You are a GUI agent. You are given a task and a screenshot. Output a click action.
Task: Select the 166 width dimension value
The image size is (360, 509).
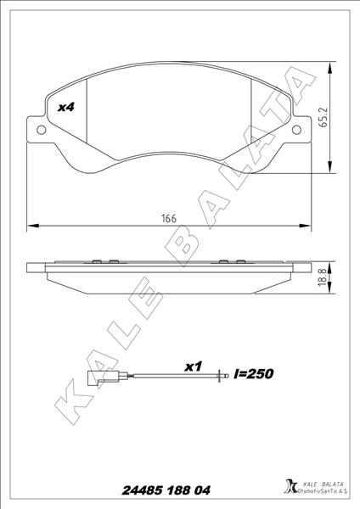point(169,218)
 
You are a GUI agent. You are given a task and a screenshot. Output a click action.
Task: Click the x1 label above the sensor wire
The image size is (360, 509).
point(193,366)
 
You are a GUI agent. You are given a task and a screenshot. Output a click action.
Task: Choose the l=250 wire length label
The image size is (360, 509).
point(253,373)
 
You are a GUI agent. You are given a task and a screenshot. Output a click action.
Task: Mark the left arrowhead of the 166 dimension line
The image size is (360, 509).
point(32,226)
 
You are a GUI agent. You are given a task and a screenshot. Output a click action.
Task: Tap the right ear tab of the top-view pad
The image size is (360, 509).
point(301,128)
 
